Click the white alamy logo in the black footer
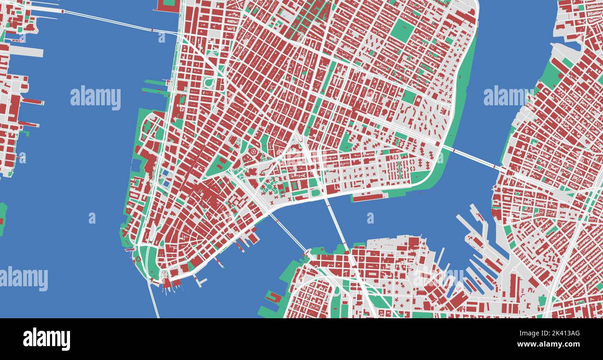tap(46, 339)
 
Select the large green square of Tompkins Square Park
tap(402, 30)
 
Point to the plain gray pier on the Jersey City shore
tap(26, 51)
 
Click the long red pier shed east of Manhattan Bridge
tap(369, 197)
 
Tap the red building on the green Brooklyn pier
tap(274, 297)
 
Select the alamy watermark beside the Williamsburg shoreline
tap(508, 96)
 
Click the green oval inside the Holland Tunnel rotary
tap(208, 83)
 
